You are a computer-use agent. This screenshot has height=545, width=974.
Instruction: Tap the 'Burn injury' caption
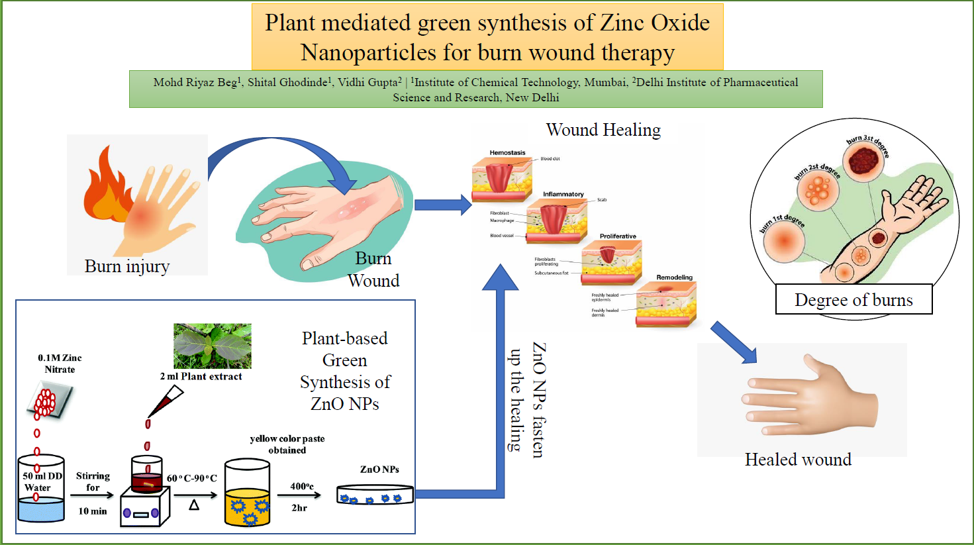(x=127, y=266)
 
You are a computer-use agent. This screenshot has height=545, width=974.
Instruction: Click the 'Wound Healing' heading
(x=603, y=130)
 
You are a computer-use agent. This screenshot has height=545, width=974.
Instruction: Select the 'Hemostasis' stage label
(x=507, y=153)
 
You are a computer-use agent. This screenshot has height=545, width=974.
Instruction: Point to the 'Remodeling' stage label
(x=674, y=277)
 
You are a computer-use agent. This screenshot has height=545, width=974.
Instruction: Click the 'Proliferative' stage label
(x=618, y=236)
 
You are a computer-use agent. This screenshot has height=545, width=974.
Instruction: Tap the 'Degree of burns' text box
(x=853, y=300)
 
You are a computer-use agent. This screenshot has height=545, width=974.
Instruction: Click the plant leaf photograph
(x=212, y=346)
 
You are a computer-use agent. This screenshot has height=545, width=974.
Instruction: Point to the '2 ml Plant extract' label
(x=201, y=376)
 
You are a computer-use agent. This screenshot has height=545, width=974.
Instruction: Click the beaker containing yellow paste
(x=247, y=493)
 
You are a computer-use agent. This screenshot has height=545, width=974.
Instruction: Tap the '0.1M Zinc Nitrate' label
(x=60, y=364)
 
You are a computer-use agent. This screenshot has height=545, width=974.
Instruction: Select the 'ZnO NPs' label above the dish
(x=379, y=470)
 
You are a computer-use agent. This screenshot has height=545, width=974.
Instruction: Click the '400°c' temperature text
(x=302, y=486)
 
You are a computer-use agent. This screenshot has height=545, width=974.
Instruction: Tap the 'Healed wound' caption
(x=798, y=460)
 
